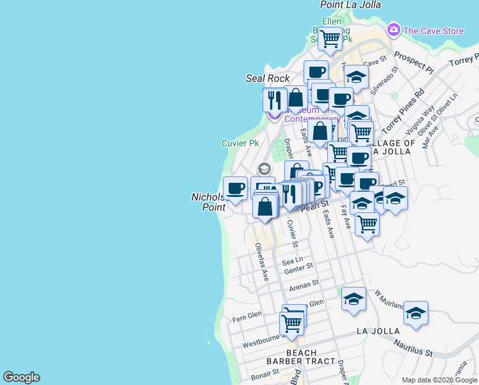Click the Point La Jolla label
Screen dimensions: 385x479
pyautogui.click(x=346, y=4)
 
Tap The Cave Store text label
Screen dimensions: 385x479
pyautogui.click(x=434, y=30)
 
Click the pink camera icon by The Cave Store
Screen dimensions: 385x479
pyautogui.click(x=393, y=30)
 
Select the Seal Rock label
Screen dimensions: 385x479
pyautogui.click(x=268, y=78)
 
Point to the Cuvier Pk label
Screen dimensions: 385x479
pyautogui.click(x=240, y=143)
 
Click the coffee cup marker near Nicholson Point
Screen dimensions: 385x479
pyautogui.click(x=235, y=188)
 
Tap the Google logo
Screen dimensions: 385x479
pyautogui.click(x=21, y=377)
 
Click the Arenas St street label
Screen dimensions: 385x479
pyautogui.click(x=304, y=284)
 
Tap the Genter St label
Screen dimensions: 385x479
pyautogui.click(x=298, y=268)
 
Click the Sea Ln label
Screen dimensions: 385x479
pyautogui.click(x=292, y=261)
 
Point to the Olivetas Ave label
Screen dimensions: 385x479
pyautogui.click(x=261, y=262)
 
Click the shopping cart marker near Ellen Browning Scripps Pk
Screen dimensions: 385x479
pyautogui.click(x=330, y=38)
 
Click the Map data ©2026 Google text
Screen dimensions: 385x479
pyautogui.click(x=439, y=380)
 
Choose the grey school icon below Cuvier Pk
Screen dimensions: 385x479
pyautogui.click(x=263, y=169)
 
